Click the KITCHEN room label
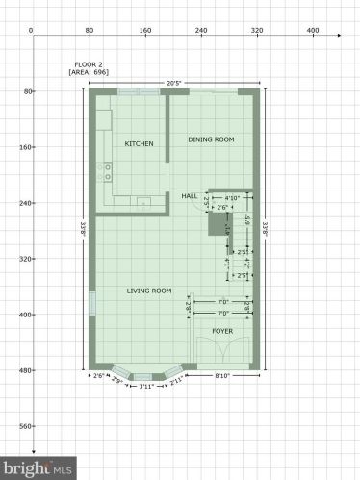pyautogui.click(x=139, y=143)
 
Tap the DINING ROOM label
pyautogui.click(x=210, y=139)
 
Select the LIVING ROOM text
pyautogui.click(x=149, y=291)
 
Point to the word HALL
pyautogui.click(x=190, y=195)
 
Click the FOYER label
pyautogui.click(x=222, y=331)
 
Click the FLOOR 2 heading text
pyautogui.click(x=85, y=63)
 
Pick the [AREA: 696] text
pyautogui.click(x=89, y=72)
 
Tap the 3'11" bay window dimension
pyautogui.click(x=146, y=387)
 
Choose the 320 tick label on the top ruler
pyautogui.click(x=257, y=31)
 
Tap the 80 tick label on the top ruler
pyautogui.click(x=89, y=31)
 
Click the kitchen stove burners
pyautogui.click(x=107, y=172)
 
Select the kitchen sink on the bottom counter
pyautogui.click(x=142, y=202)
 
